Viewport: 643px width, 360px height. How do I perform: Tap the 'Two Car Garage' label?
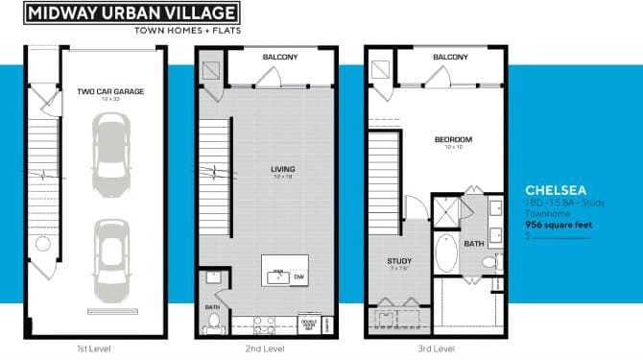coord(110,92)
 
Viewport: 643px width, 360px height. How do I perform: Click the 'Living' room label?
coord(282,168)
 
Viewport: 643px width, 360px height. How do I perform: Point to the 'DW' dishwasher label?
coord(298,276)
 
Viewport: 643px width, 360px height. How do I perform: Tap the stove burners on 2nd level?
coord(264,323)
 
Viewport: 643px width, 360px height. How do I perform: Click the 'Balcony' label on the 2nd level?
coord(280,58)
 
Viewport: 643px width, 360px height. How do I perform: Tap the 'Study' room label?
coord(398,261)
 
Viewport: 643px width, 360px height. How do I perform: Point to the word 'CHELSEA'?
coord(556,190)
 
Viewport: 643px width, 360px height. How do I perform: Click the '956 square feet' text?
coord(559,225)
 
